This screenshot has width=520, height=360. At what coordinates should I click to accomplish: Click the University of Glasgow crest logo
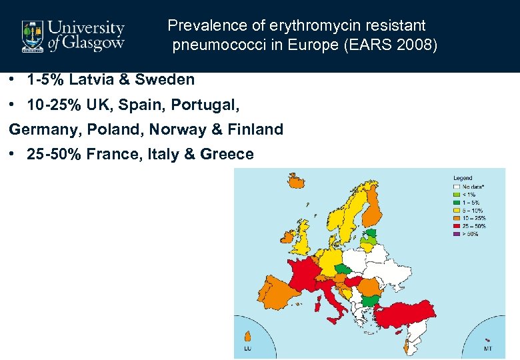click(31, 35)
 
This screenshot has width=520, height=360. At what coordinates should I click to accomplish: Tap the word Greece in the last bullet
click(227, 154)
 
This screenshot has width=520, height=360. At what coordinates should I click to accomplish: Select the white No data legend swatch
click(458, 187)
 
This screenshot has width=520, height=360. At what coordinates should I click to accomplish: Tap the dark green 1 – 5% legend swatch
click(458, 203)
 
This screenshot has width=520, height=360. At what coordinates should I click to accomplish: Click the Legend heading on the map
click(463, 178)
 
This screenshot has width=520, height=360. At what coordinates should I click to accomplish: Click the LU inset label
click(247, 347)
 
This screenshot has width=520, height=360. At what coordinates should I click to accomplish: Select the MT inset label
click(488, 347)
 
